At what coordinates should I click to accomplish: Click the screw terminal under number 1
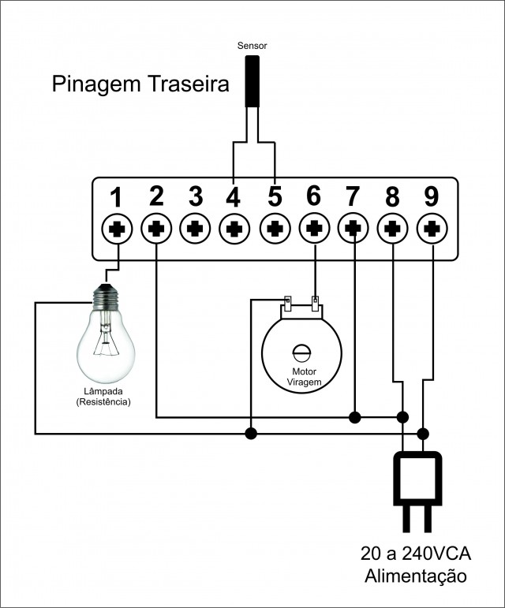pyautogui.click(x=118, y=229)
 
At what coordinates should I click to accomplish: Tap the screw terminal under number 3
pyautogui.click(x=196, y=229)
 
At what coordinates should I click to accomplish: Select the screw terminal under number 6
pyautogui.click(x=314, y=229)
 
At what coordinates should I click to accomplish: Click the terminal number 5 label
pyautogui.click(x=274, y=195)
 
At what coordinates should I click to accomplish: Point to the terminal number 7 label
pyautogui.click(x=353, y=195)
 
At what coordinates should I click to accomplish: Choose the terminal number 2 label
pyautogui.click(x=156, y=195)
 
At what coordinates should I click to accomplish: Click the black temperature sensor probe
pyautogui.click(x=252, y=80)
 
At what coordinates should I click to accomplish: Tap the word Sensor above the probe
pyautogui.click(x=252, y=46)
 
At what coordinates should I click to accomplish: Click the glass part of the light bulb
pyautogui.click(x=106, y=343)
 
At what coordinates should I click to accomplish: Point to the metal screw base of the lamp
pyautogui.click(x=106, y=295)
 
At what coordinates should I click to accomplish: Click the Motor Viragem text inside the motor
pyautogui.click(x=304, y=376)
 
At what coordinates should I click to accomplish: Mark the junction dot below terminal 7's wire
pyautogui.click(x=354, y=416)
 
